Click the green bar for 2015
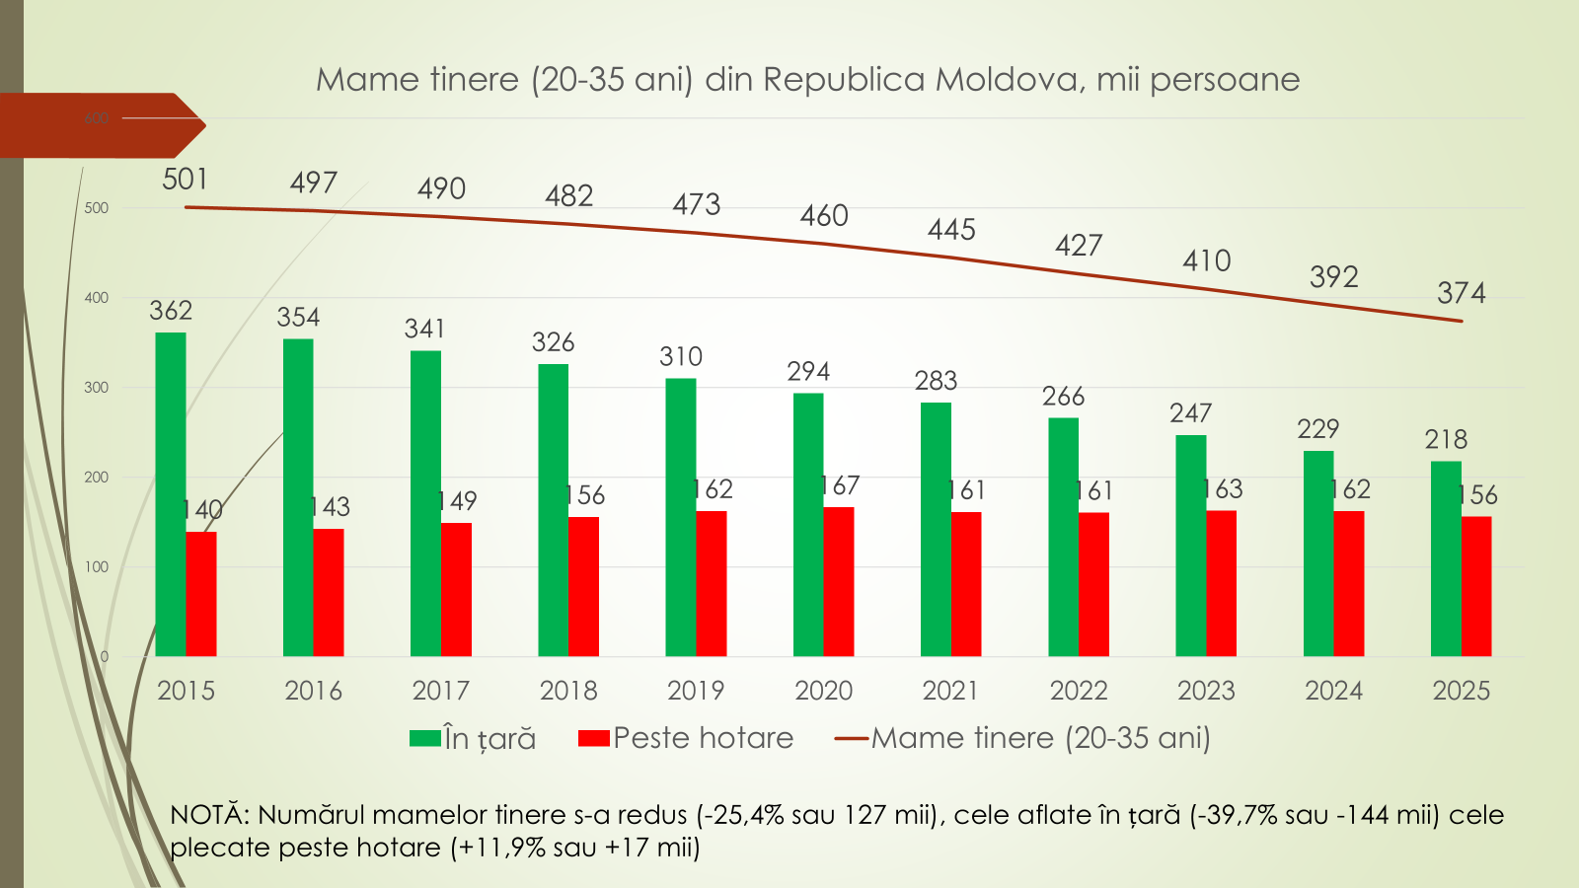click(171, 493)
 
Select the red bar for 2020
click(839, 582)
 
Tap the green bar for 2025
click(1446, 558)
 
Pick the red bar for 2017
click(456, 589)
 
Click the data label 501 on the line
click(186, 179)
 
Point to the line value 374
click(1461, 293)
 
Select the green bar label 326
click(553, 342)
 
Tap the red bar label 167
click(840, 485)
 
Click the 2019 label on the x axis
click(696, 691)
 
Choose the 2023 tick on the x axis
click(1206, 691)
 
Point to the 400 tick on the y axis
click(97, 298)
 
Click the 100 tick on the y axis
click(97, 567)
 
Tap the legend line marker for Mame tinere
click(851, 738)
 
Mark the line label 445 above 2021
click(951, 230)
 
